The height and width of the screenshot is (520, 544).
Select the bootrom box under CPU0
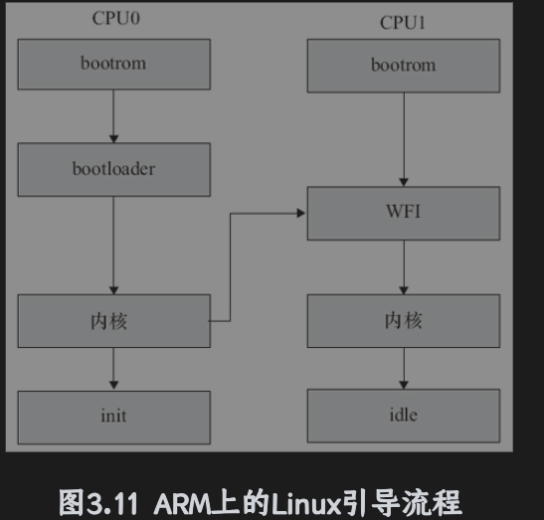coord(113,64)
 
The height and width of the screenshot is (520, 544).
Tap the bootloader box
coord(113,168)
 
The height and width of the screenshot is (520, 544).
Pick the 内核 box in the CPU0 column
coord(113,320)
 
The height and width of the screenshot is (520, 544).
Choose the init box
coord(113,417)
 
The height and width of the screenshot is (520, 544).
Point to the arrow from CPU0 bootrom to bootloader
coord(113,116)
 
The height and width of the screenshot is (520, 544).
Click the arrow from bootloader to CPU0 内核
coord(113,244)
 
